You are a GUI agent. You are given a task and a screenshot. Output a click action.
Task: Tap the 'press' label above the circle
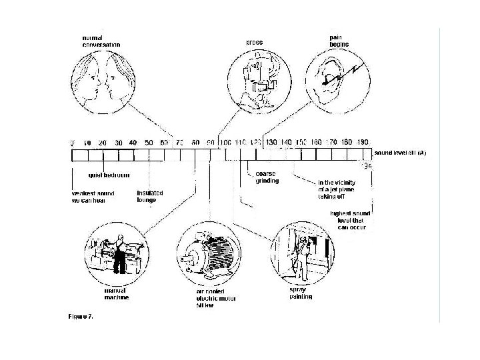pyautogui.click(x=253, y=42)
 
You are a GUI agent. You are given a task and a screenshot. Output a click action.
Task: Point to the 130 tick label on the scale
pyautogui.click(x=271, y=143)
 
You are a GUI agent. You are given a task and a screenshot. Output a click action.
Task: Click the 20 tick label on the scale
pyautogui.click(x=102, y=143)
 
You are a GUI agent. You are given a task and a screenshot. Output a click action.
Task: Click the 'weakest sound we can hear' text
pyautogui.click(x=93, y=197)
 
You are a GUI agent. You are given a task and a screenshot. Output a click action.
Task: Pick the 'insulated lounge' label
pyautogui.click(x=150, y=197)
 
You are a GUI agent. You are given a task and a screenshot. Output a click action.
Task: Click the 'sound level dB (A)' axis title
pyautogui.click(x=400, y=152)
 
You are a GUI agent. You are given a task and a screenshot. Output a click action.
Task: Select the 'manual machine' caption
pyautogui.click(x=116, y=295)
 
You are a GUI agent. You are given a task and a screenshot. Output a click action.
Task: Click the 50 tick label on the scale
pyautogui.click(x=148, y=143)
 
